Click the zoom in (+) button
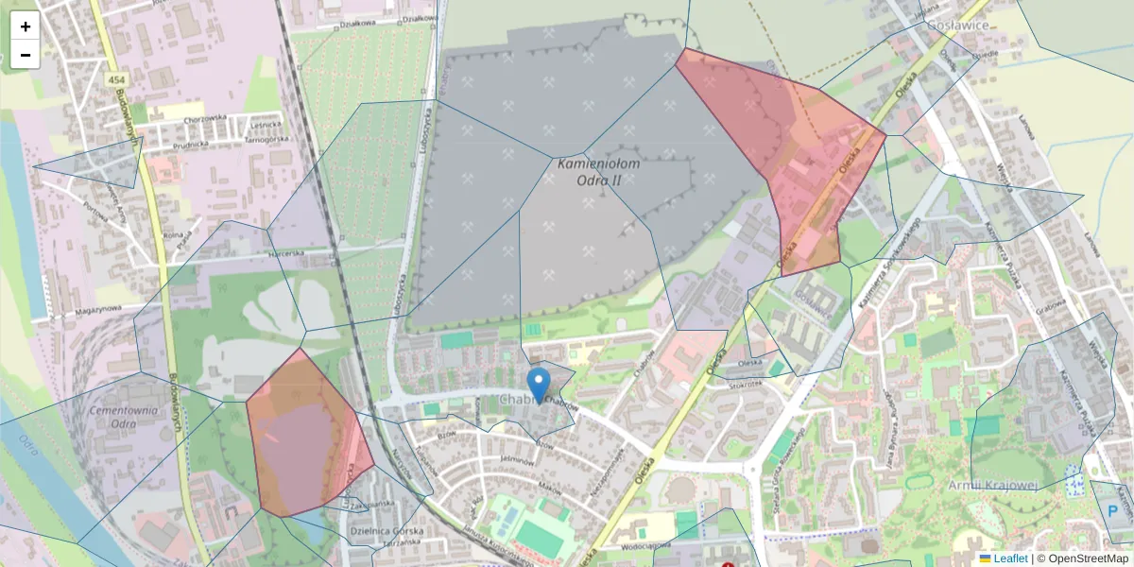(26, 26)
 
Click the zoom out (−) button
(26, 55)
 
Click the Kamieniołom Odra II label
(599, 171)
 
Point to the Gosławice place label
(957, 26)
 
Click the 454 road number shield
(116, 80)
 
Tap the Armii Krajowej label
(991, 485)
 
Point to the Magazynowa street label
(98, 308)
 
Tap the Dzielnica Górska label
(386, 531)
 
